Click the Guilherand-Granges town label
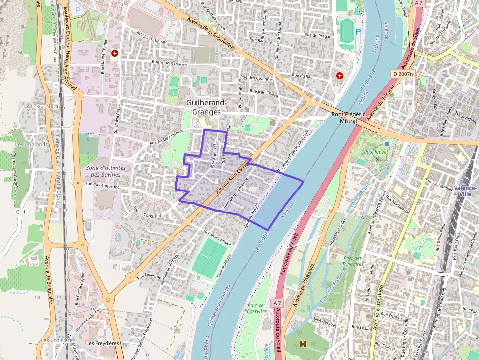click(x=206, y=107)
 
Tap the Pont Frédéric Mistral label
click(x=348, y=117)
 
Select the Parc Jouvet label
click(x=375, y=152)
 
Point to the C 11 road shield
click(x=20, y=212)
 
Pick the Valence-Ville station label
click(x=464, y=191)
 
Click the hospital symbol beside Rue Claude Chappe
click(x=115, y=53)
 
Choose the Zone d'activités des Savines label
click(x=106, y=171)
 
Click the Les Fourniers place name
click(x=41, y=106)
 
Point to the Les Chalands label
click(x=31, y=145)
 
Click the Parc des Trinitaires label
click(x=352, y=261)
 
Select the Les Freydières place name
click(x=102, y=343)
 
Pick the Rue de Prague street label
click(x=318, y=35)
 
